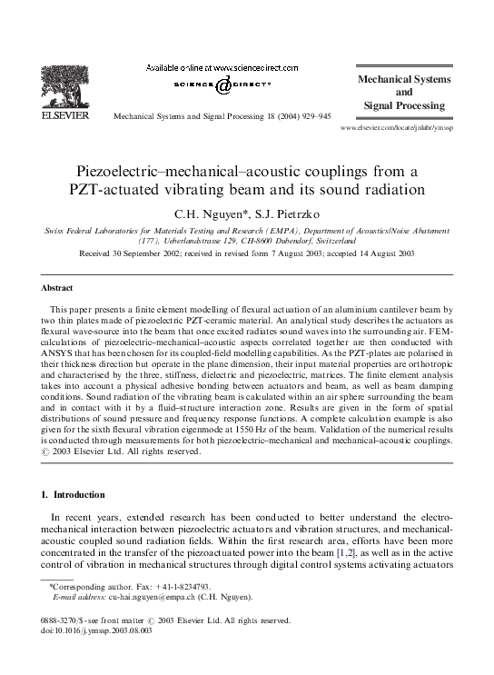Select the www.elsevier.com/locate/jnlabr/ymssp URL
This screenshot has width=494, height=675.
tap(395, 129)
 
